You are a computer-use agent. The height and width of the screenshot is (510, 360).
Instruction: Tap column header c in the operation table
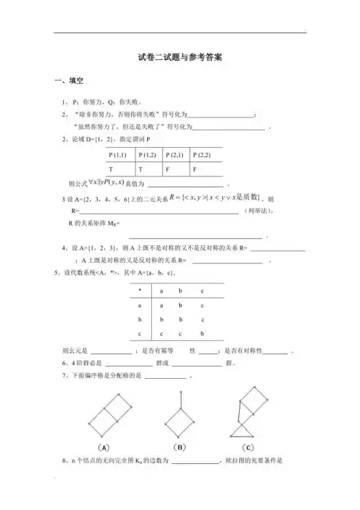click(x=202, y=290)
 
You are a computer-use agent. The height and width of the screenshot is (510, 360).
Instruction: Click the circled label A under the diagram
click(x=104, y=444)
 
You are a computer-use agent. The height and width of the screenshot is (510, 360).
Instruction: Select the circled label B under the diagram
click(x=180, y=444)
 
